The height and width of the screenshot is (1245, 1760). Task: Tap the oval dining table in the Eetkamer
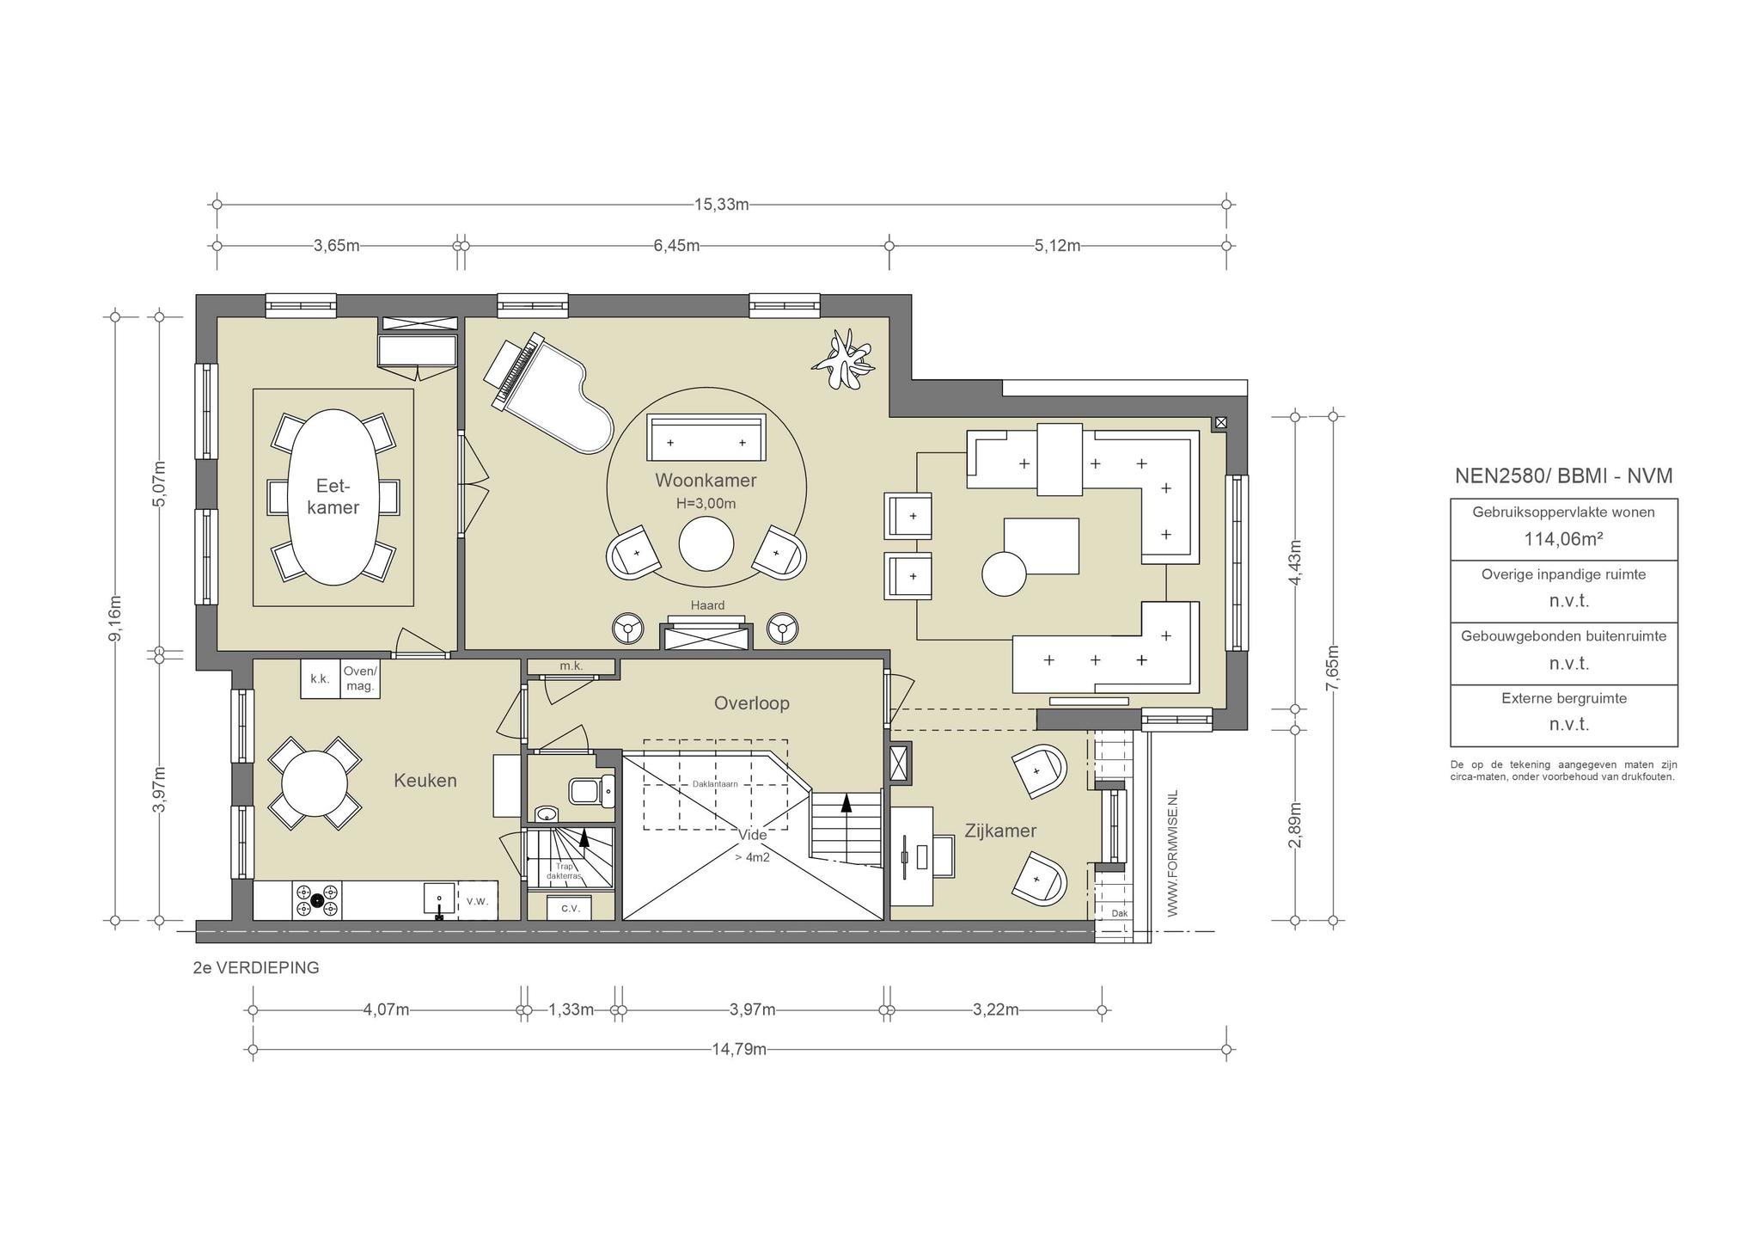point(333,496)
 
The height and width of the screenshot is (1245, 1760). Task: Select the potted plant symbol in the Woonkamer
point(844,359)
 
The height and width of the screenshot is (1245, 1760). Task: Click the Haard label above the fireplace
point(707,605)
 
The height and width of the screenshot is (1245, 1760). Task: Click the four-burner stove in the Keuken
point(317,900)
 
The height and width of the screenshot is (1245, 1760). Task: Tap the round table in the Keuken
point(315,782)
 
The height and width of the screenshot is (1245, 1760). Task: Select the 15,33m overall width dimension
point(722,205)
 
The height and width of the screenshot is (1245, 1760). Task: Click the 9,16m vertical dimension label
point(116,617)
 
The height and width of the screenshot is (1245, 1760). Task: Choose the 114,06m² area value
point(1564,539)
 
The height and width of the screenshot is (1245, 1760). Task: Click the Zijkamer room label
point(1000,831)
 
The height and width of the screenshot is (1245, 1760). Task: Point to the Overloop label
point(752,703)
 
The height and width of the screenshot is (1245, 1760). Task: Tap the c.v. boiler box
point(571,908)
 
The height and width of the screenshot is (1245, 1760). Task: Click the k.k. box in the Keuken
point(321,678)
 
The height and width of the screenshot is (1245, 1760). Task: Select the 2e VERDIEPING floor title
point(256,967)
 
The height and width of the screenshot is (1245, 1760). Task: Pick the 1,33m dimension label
point(571,1009)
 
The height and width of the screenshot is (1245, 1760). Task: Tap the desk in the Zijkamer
point(912,856)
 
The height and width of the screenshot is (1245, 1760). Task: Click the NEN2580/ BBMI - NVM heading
point(1564,476)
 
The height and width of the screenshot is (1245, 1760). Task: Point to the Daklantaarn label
point(715,784)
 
